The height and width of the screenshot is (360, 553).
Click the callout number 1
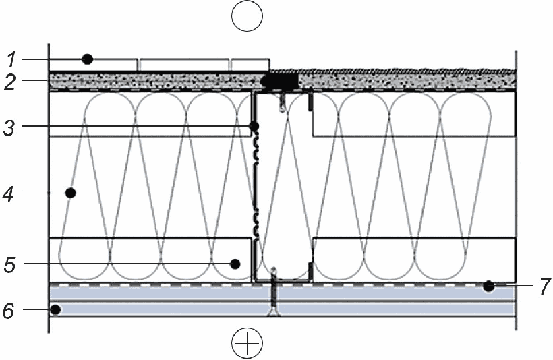click(x=12, y=59)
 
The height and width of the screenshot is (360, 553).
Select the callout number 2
click(x=11, y=82)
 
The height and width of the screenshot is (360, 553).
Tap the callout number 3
click(x=9, y=127)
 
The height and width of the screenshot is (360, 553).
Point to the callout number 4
click(x=9, y=195)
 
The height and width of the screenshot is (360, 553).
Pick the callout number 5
click(x=10, y=264)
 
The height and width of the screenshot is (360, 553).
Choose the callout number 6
click(x=9, y=311)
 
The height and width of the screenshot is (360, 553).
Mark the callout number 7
click(x=545, y=286)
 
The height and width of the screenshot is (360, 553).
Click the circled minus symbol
click(x=248, y=16)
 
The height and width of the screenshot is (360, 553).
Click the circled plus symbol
click(x=248, y=342)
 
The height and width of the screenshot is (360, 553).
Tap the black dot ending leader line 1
click(x=88, y=59)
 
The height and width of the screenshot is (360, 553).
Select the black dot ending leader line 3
click(x=254, y=126)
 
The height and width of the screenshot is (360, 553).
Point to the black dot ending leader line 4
click(x=71, y=193)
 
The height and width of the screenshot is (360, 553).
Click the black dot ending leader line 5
click(x=235, y=264)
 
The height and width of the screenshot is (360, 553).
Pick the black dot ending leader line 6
click(x=55, y=310)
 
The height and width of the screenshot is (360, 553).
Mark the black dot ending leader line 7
click(x=488, y=287)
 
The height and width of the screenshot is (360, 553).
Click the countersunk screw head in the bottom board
click(x=274, y=312)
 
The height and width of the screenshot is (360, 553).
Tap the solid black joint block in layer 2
click(x=281, y=82)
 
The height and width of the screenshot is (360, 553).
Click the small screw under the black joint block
click(x=283, y=102)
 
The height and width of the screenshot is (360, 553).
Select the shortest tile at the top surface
click(x=250, y=65)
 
